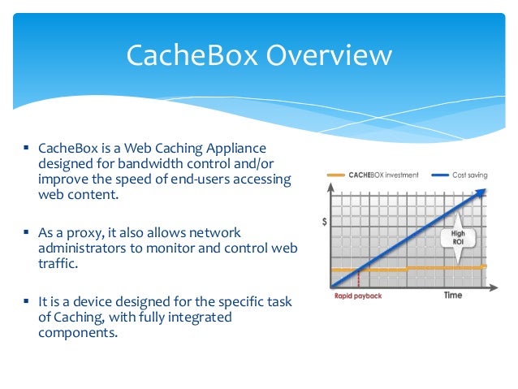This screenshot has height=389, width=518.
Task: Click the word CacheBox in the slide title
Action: (192, 56)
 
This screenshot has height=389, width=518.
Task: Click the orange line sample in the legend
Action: (335, 175)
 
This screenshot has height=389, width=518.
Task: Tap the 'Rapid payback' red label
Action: (357, 296)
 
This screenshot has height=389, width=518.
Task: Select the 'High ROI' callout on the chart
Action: (458, 236)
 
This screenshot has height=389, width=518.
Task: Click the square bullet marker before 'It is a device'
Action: (27, 300)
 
